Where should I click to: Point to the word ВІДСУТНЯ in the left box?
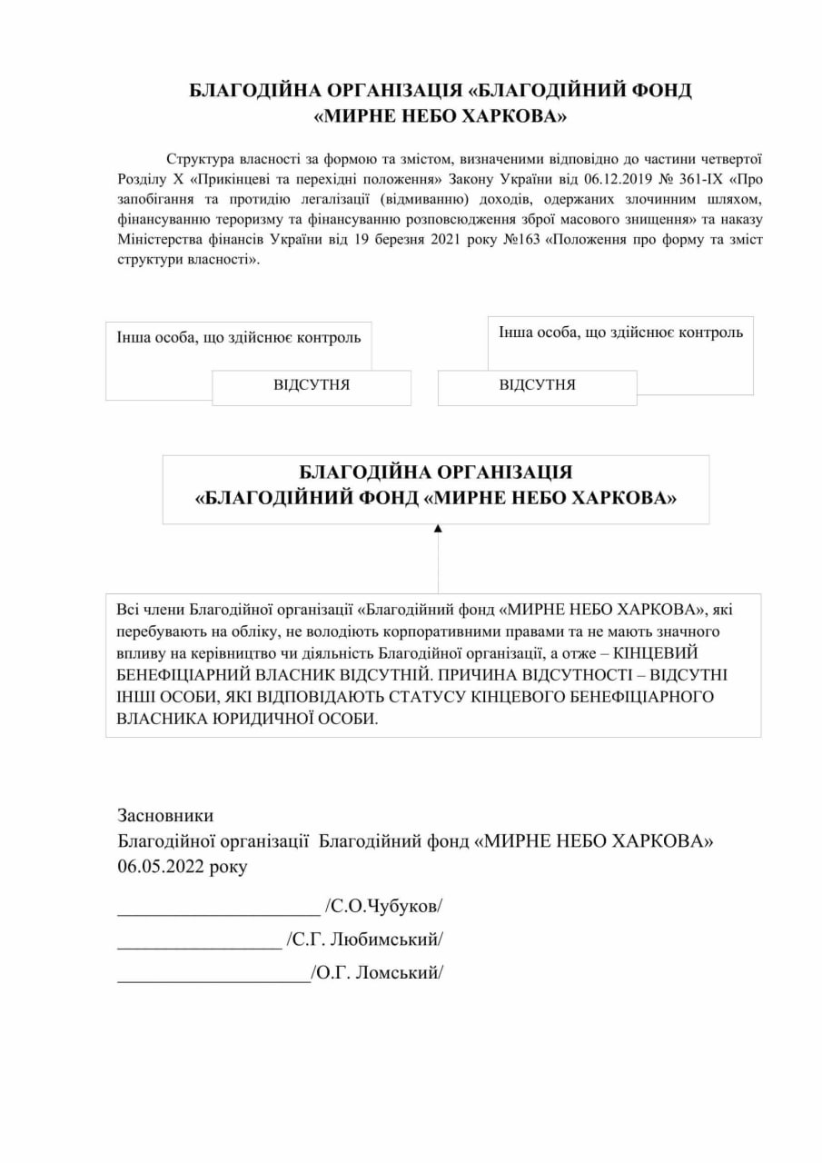click(312, 385)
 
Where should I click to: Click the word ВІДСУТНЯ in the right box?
click(537, 385)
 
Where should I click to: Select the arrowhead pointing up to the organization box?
click(438, 528)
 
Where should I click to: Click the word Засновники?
click(165, 815)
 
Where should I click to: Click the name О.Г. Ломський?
click(377, 973)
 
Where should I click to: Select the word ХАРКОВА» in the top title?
click(516, 117)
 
